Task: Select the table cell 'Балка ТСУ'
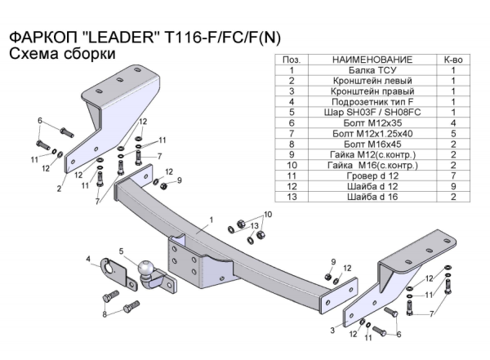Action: click(x=360, y=71)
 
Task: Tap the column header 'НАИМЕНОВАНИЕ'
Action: click(x=360, y=60)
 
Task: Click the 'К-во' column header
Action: click(x=452, y=60)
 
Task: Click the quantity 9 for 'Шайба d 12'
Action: click(x=452, y=185)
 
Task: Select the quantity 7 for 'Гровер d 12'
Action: click(x=452, y=175)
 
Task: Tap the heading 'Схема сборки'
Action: click(x=61, y=54)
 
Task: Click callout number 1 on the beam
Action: click(x=211, y=220)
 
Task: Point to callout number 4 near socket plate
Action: click(x=89, y=260)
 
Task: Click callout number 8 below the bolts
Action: click(x=105, y=314)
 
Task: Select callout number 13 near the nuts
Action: click(x=255, y=225)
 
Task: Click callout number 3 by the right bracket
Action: click(x=332, y=330)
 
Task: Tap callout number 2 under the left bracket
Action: click(x=60, y=188)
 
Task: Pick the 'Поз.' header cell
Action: click(x=291, y=60)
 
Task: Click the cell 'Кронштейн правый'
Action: click(x=360, y=91)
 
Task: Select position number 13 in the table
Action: click(x=291, y=196)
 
